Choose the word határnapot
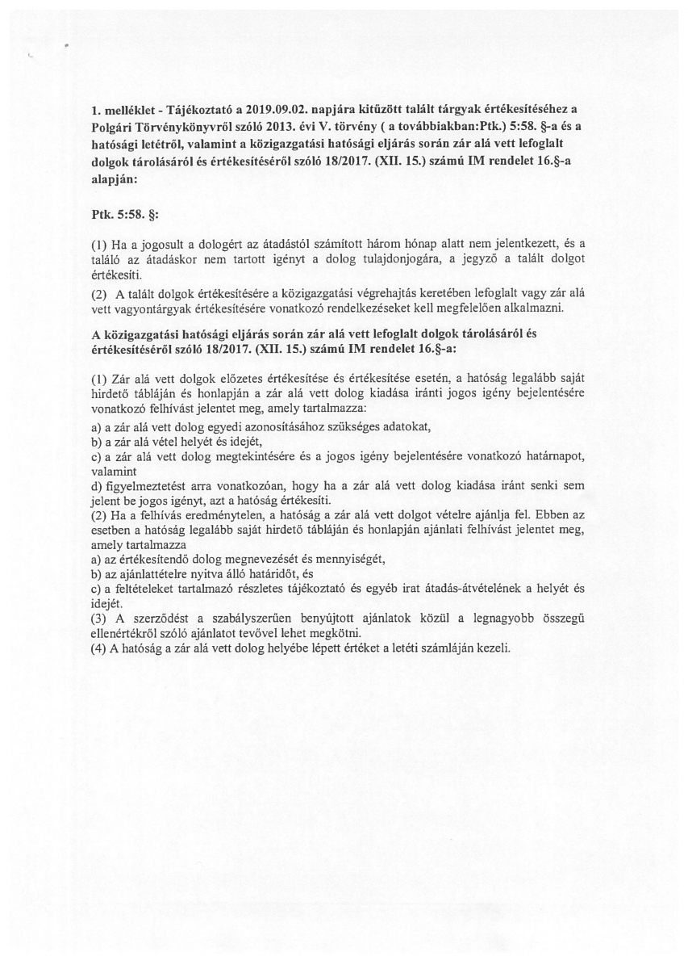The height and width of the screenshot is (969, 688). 555,457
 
